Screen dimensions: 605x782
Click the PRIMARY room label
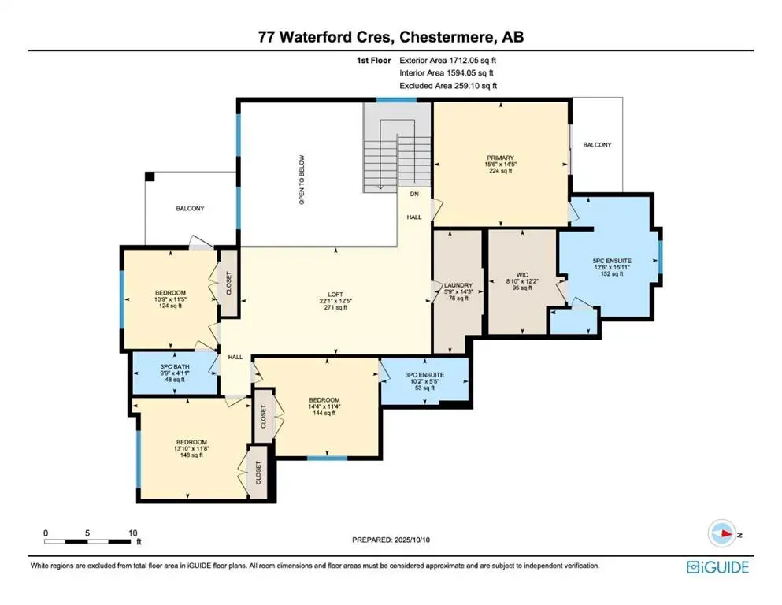click(500, 158)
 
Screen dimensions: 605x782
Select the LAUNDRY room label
click(457, 285)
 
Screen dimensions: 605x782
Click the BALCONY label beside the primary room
click(596, 145)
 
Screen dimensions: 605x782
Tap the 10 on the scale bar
click(132, 532)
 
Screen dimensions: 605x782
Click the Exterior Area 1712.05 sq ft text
click(447, 59)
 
